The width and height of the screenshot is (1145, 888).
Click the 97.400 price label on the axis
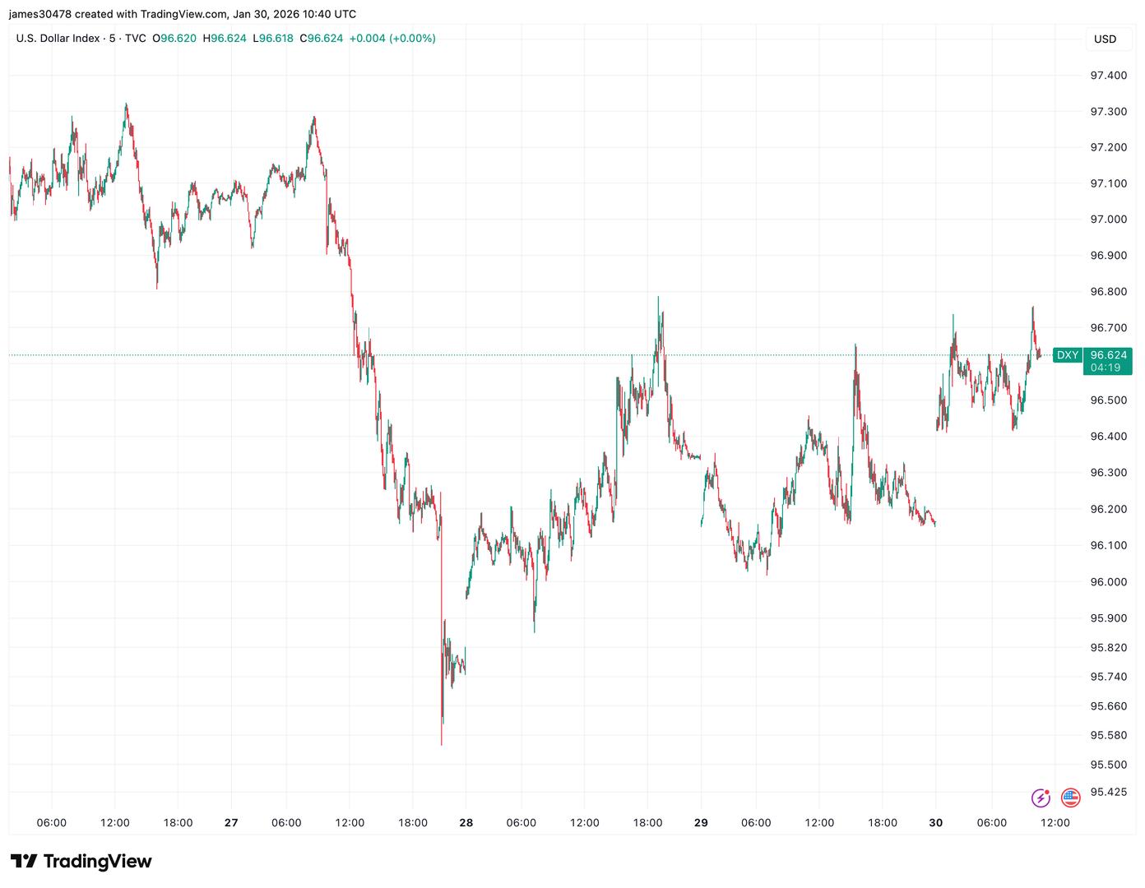(x=1108, y=76)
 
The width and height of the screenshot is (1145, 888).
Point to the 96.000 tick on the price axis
(x=1108, y=582)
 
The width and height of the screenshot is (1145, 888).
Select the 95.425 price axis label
(x=1108, y=793)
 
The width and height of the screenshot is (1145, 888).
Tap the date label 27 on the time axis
(x=231, y=823)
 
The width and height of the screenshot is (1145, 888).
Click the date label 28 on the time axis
(x=466, y=823)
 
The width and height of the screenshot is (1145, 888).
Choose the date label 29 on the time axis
(x=701, y=823)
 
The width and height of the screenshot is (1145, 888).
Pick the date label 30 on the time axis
(x=936, y=823)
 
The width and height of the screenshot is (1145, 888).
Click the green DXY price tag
(x=1067, y=355)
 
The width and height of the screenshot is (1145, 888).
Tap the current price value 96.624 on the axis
(x=1108, y=355)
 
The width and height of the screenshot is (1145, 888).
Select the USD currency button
(x=1105, y=39)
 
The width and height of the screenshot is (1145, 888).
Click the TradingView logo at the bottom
(x=81, y=861)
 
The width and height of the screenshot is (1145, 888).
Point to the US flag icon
(x=1070, y=797)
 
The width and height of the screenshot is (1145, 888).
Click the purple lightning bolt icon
(x=1041, y=797)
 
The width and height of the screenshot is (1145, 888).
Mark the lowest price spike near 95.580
(x=442, y=743)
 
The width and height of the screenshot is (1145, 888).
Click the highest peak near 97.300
(x=126, y=104)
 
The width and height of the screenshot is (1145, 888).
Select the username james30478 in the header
(x=40, y=14)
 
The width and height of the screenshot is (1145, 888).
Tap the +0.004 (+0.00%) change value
(x=392, y=39)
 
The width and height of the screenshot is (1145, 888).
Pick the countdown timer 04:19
(x=1106, y=368)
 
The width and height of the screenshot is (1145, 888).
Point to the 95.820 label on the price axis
(x=1108, y=648)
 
